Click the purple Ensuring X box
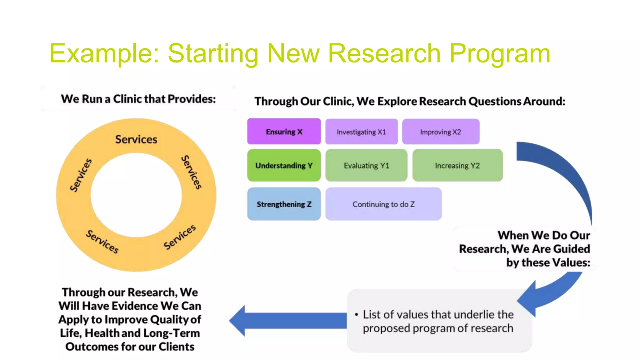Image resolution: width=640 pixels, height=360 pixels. tap(284, 132)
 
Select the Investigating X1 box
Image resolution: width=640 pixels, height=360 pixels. tap(361, 132)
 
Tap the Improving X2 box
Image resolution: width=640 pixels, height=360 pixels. tap(440, 132)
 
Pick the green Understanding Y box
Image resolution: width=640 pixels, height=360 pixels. tap(284, 165)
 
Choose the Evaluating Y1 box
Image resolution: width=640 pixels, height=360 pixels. tap(366, 165)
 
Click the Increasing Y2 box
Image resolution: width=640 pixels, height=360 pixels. tap(457, 165)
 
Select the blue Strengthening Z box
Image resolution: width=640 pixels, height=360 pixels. tap(284, 204)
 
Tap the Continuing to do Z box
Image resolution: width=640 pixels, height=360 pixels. tap(383, 204)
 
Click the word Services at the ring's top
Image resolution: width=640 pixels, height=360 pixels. tap(136, 139)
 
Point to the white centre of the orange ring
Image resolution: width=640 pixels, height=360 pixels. tap(136, 195)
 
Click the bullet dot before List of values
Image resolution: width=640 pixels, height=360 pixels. tap(356, 315)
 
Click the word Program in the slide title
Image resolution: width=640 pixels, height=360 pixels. tap(500, 54)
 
